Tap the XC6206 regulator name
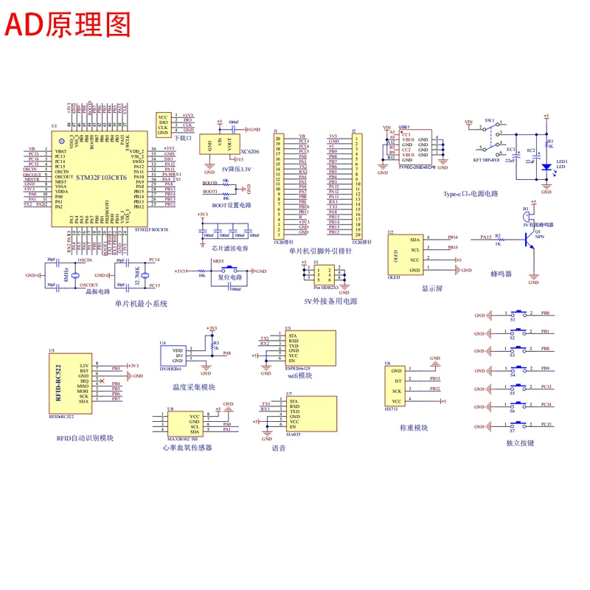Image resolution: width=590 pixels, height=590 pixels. point(250,151)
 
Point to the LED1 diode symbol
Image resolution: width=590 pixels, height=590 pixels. point(546,166)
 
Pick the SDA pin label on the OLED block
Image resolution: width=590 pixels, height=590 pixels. point(414,239)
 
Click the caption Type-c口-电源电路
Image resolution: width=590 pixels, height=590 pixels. point(471,194)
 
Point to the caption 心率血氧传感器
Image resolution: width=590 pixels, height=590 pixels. point(187,448)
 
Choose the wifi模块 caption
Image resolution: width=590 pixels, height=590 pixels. point(299,375)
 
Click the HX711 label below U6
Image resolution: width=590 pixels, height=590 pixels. point(391,409)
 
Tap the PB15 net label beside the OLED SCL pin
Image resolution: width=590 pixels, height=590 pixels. point(453,248)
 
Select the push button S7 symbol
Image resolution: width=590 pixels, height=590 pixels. point(521,423)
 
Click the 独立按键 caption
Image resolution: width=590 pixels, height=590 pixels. point(521,443)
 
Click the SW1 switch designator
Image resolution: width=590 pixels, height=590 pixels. point(489,119)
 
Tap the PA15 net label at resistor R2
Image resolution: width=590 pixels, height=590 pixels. point(485,237)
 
